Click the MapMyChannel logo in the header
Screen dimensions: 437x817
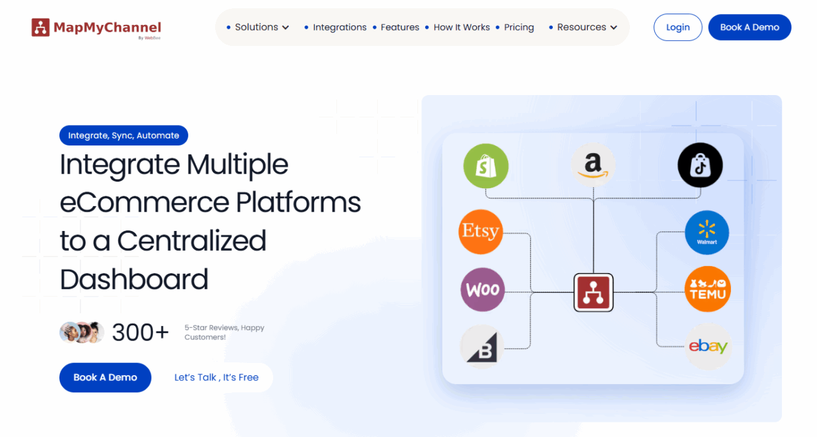[x=96, y=27]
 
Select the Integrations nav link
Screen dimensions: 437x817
[x=340, y=27]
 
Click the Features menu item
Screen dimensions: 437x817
[x=400, y=27]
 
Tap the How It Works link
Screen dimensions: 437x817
[x=461, y=27]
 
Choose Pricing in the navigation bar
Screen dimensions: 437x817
[x=519, y=27]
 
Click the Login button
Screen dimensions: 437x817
[x=678, y=27]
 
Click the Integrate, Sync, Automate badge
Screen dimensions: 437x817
[x=124, y=135]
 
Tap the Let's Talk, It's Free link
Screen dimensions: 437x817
[x=216, y=378]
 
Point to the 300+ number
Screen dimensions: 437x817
[x=140, y=332]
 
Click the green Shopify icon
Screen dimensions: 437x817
[x=486, y=167]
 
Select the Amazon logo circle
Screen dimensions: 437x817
[x=593, y=165]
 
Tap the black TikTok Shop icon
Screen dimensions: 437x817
[x=700, y=165]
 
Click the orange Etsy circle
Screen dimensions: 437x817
[x=481, y=232]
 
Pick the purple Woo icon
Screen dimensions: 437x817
[x=483, y=290]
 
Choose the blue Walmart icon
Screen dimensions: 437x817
[x=707, y=233]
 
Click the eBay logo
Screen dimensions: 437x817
[x=708, y=346]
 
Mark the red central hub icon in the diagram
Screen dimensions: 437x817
[x=593, y=292]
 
